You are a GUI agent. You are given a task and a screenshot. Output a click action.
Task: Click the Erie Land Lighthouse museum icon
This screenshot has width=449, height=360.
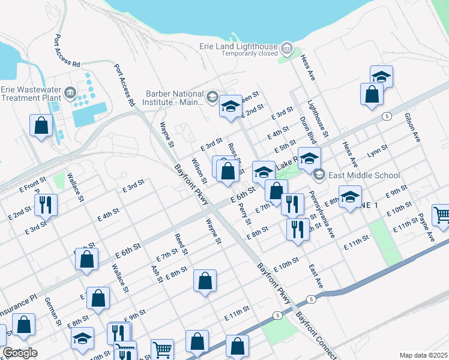(287, 47)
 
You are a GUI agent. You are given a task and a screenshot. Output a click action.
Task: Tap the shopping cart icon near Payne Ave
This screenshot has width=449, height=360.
(441, 214)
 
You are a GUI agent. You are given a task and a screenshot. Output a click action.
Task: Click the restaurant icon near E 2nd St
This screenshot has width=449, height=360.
(46, 205)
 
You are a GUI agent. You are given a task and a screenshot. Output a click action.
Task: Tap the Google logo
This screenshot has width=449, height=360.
(20, 353)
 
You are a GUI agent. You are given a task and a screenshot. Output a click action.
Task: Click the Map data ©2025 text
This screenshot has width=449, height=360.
(423, 355)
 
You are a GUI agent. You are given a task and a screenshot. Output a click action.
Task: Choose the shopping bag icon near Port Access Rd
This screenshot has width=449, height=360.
(41, 125)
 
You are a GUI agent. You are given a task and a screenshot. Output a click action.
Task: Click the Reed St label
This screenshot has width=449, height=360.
(181, 244)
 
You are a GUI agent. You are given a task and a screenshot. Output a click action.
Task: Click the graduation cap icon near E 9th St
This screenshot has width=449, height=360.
(350, 196)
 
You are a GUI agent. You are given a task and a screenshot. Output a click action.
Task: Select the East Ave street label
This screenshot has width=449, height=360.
(316, 276)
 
